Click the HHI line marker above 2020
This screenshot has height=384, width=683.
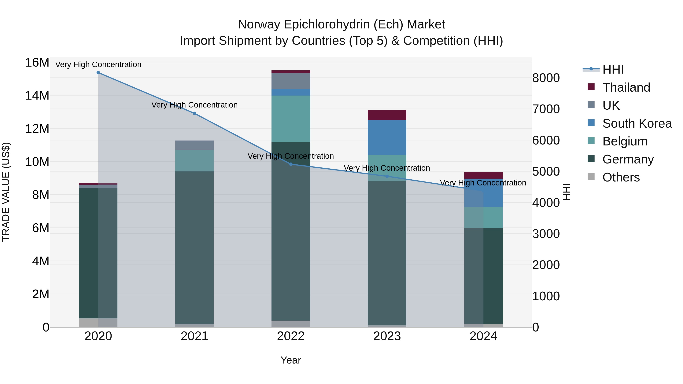[98, 73]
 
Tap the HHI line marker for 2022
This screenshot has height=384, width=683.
[291, 164]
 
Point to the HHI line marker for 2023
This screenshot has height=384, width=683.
[387, 176]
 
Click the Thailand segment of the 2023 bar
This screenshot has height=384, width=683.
[387, 115]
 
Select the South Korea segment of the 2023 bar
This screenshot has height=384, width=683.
[387, 137]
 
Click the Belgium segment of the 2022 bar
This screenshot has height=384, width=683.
[291, 119]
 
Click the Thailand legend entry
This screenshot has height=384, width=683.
[626, 87]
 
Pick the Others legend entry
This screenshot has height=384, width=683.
[621, 177]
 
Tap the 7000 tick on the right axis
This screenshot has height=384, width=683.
[546, 109]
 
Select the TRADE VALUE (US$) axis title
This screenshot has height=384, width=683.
[6, 192]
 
